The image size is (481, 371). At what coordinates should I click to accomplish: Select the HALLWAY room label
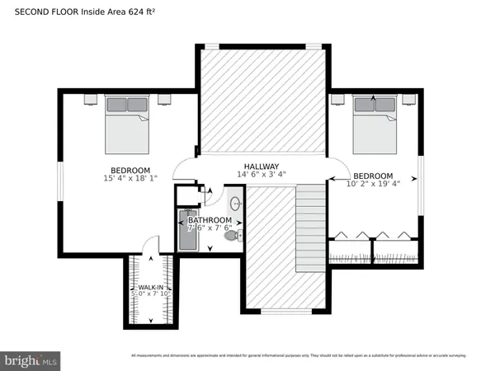point(261,165)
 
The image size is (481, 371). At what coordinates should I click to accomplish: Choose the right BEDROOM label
point(373,176)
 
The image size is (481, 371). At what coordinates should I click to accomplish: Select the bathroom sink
point(235,203)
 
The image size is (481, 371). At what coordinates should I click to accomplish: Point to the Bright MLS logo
point(31,360)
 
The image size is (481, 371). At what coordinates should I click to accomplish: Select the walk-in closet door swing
point(148,246)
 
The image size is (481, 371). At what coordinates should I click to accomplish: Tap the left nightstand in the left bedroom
point(90,98)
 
